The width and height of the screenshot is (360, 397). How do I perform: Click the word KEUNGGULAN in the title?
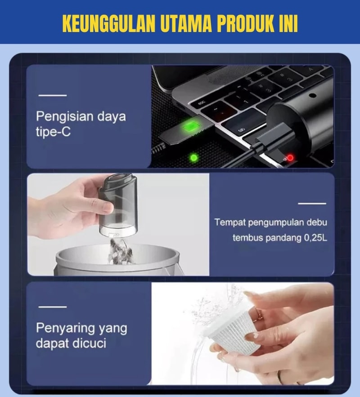108,23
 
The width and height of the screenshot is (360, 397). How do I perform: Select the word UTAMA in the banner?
186,23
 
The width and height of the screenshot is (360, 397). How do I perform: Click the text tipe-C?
53,132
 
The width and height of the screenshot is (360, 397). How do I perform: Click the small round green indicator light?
194,158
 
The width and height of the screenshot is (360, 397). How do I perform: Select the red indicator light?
290,158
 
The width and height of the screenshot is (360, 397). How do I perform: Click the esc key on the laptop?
202,103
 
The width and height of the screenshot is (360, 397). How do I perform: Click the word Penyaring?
65,329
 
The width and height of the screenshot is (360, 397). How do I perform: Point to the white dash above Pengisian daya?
53,95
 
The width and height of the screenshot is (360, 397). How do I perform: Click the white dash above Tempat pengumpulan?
312,203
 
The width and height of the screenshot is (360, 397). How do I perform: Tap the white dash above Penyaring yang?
53,307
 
